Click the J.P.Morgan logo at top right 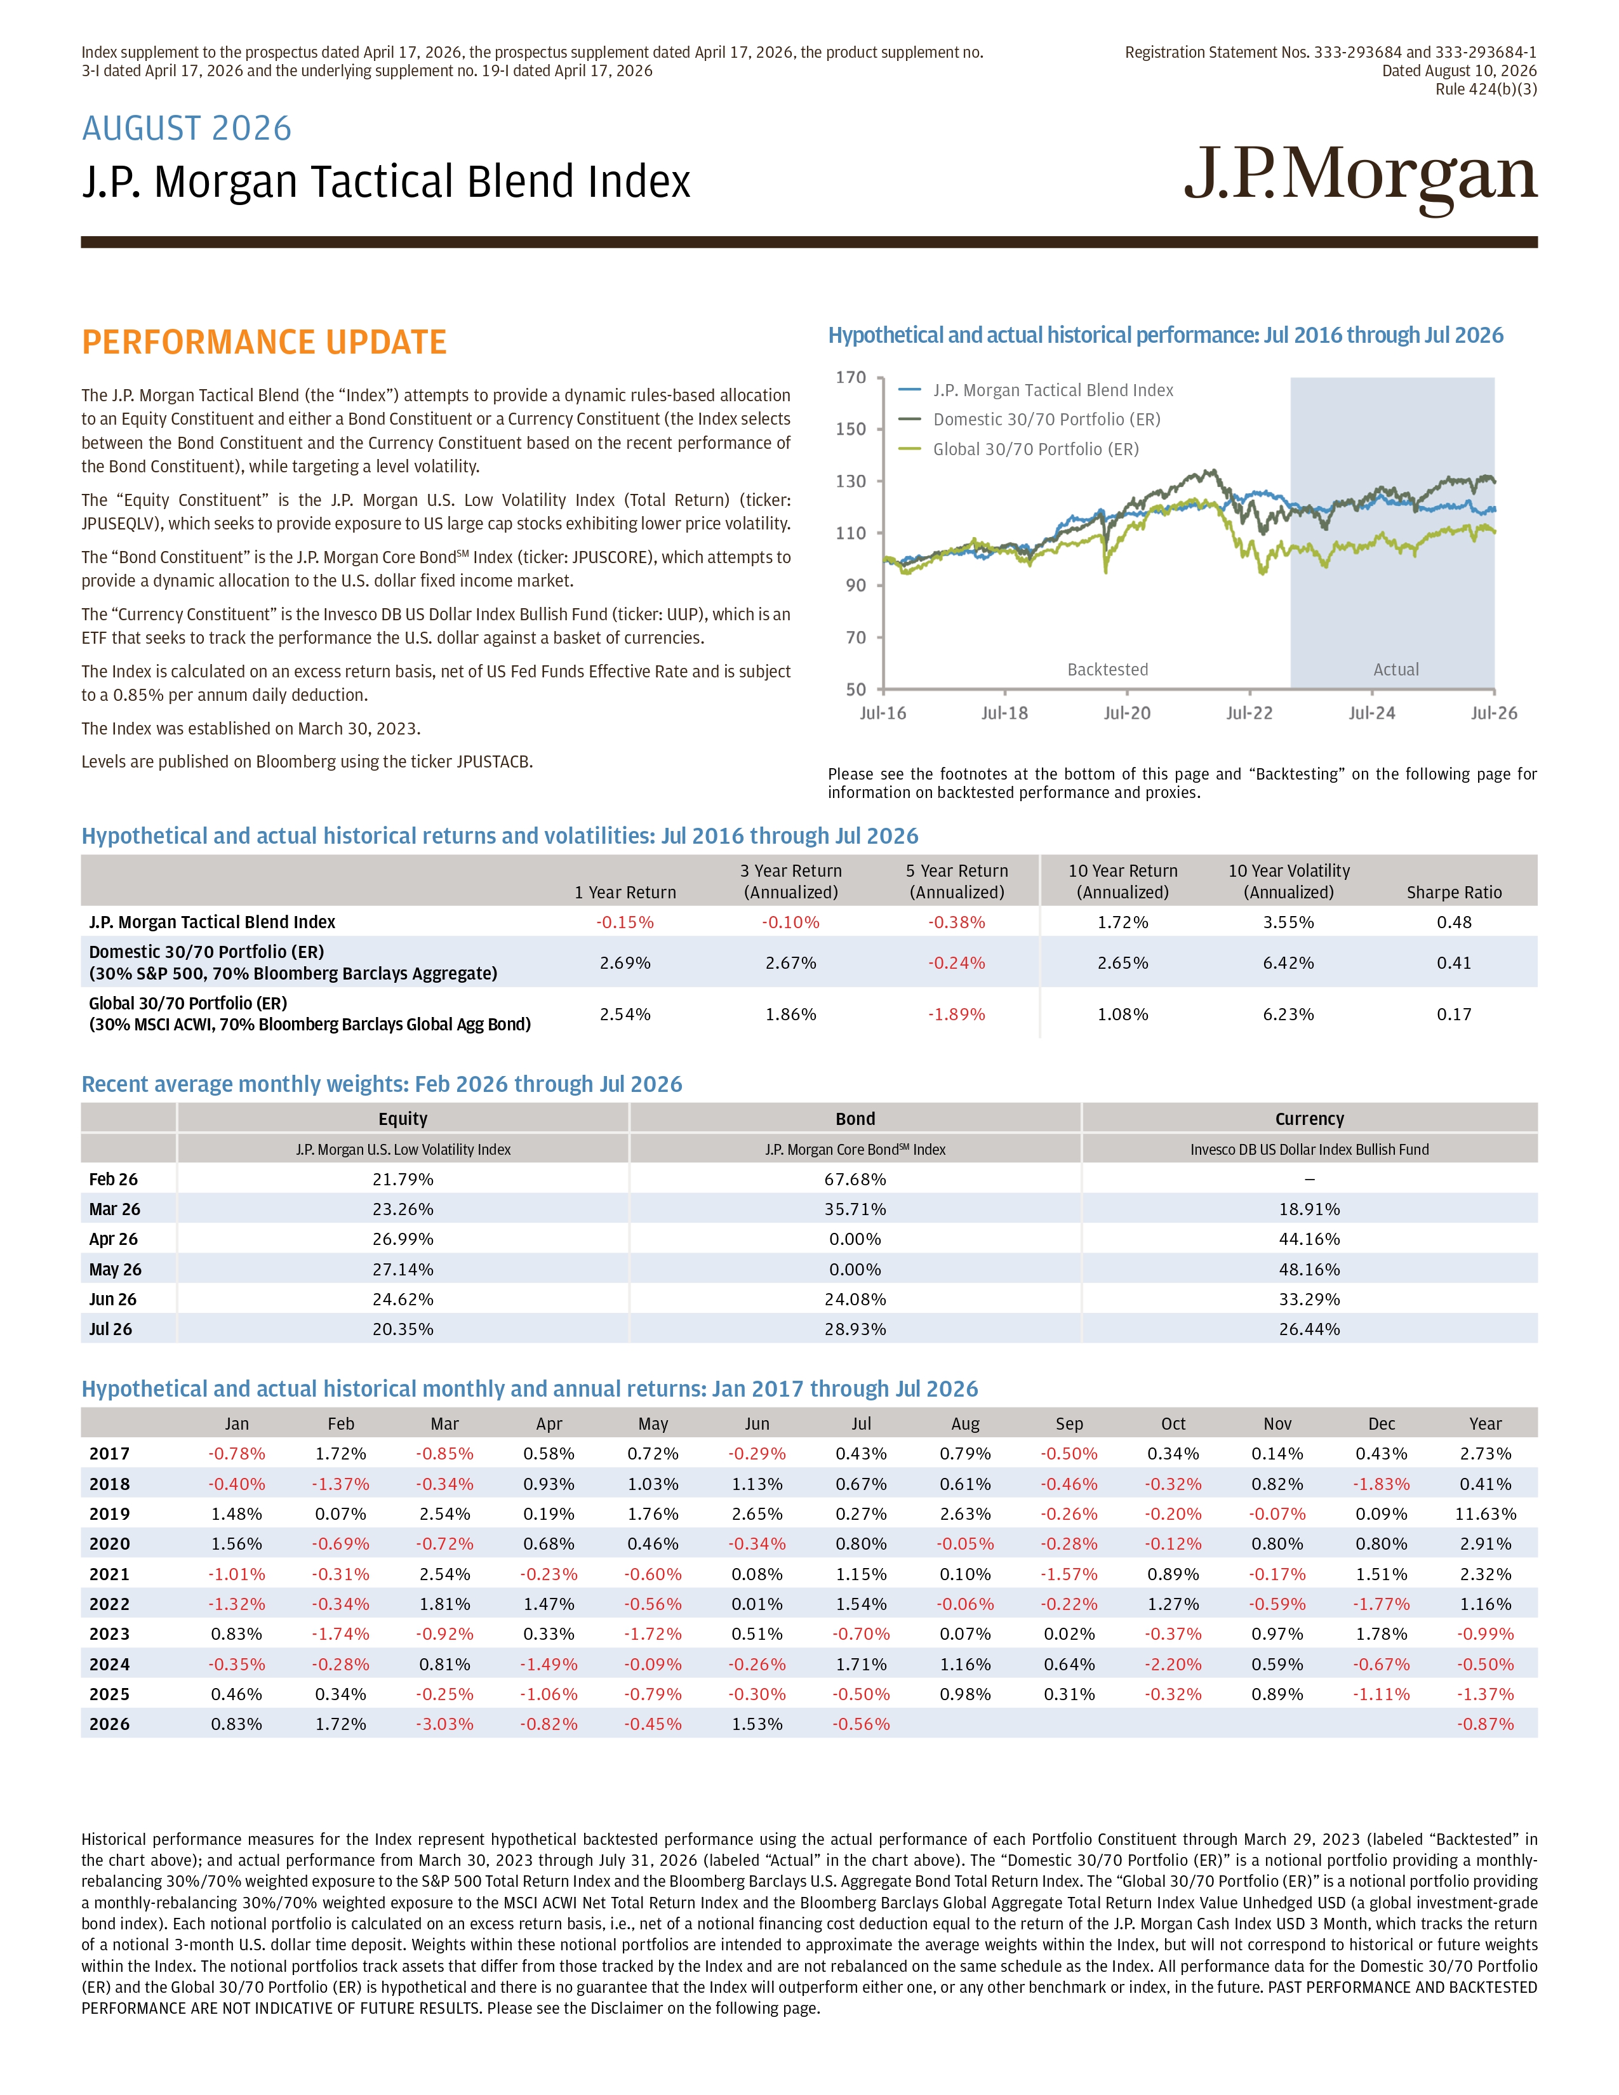pos(1360,180)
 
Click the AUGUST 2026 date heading pos(187,128)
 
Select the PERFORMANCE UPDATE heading pos(263,342)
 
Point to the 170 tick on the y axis pos(851,378)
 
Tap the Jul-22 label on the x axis pos(1249,713)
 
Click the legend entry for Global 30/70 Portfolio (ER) pos(1036,449)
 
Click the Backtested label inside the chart pos(1108,670)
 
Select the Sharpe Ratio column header pos(1454,892)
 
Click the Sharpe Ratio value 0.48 pos(1454,922)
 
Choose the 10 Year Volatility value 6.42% pos(1288,962)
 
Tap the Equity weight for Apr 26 pos(403,1239)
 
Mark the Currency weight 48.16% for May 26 pos(1309,1269)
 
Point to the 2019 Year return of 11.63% pos(1486,1513)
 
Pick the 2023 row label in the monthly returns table pos(109,1633)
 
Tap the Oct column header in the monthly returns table pos(1173,1423)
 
